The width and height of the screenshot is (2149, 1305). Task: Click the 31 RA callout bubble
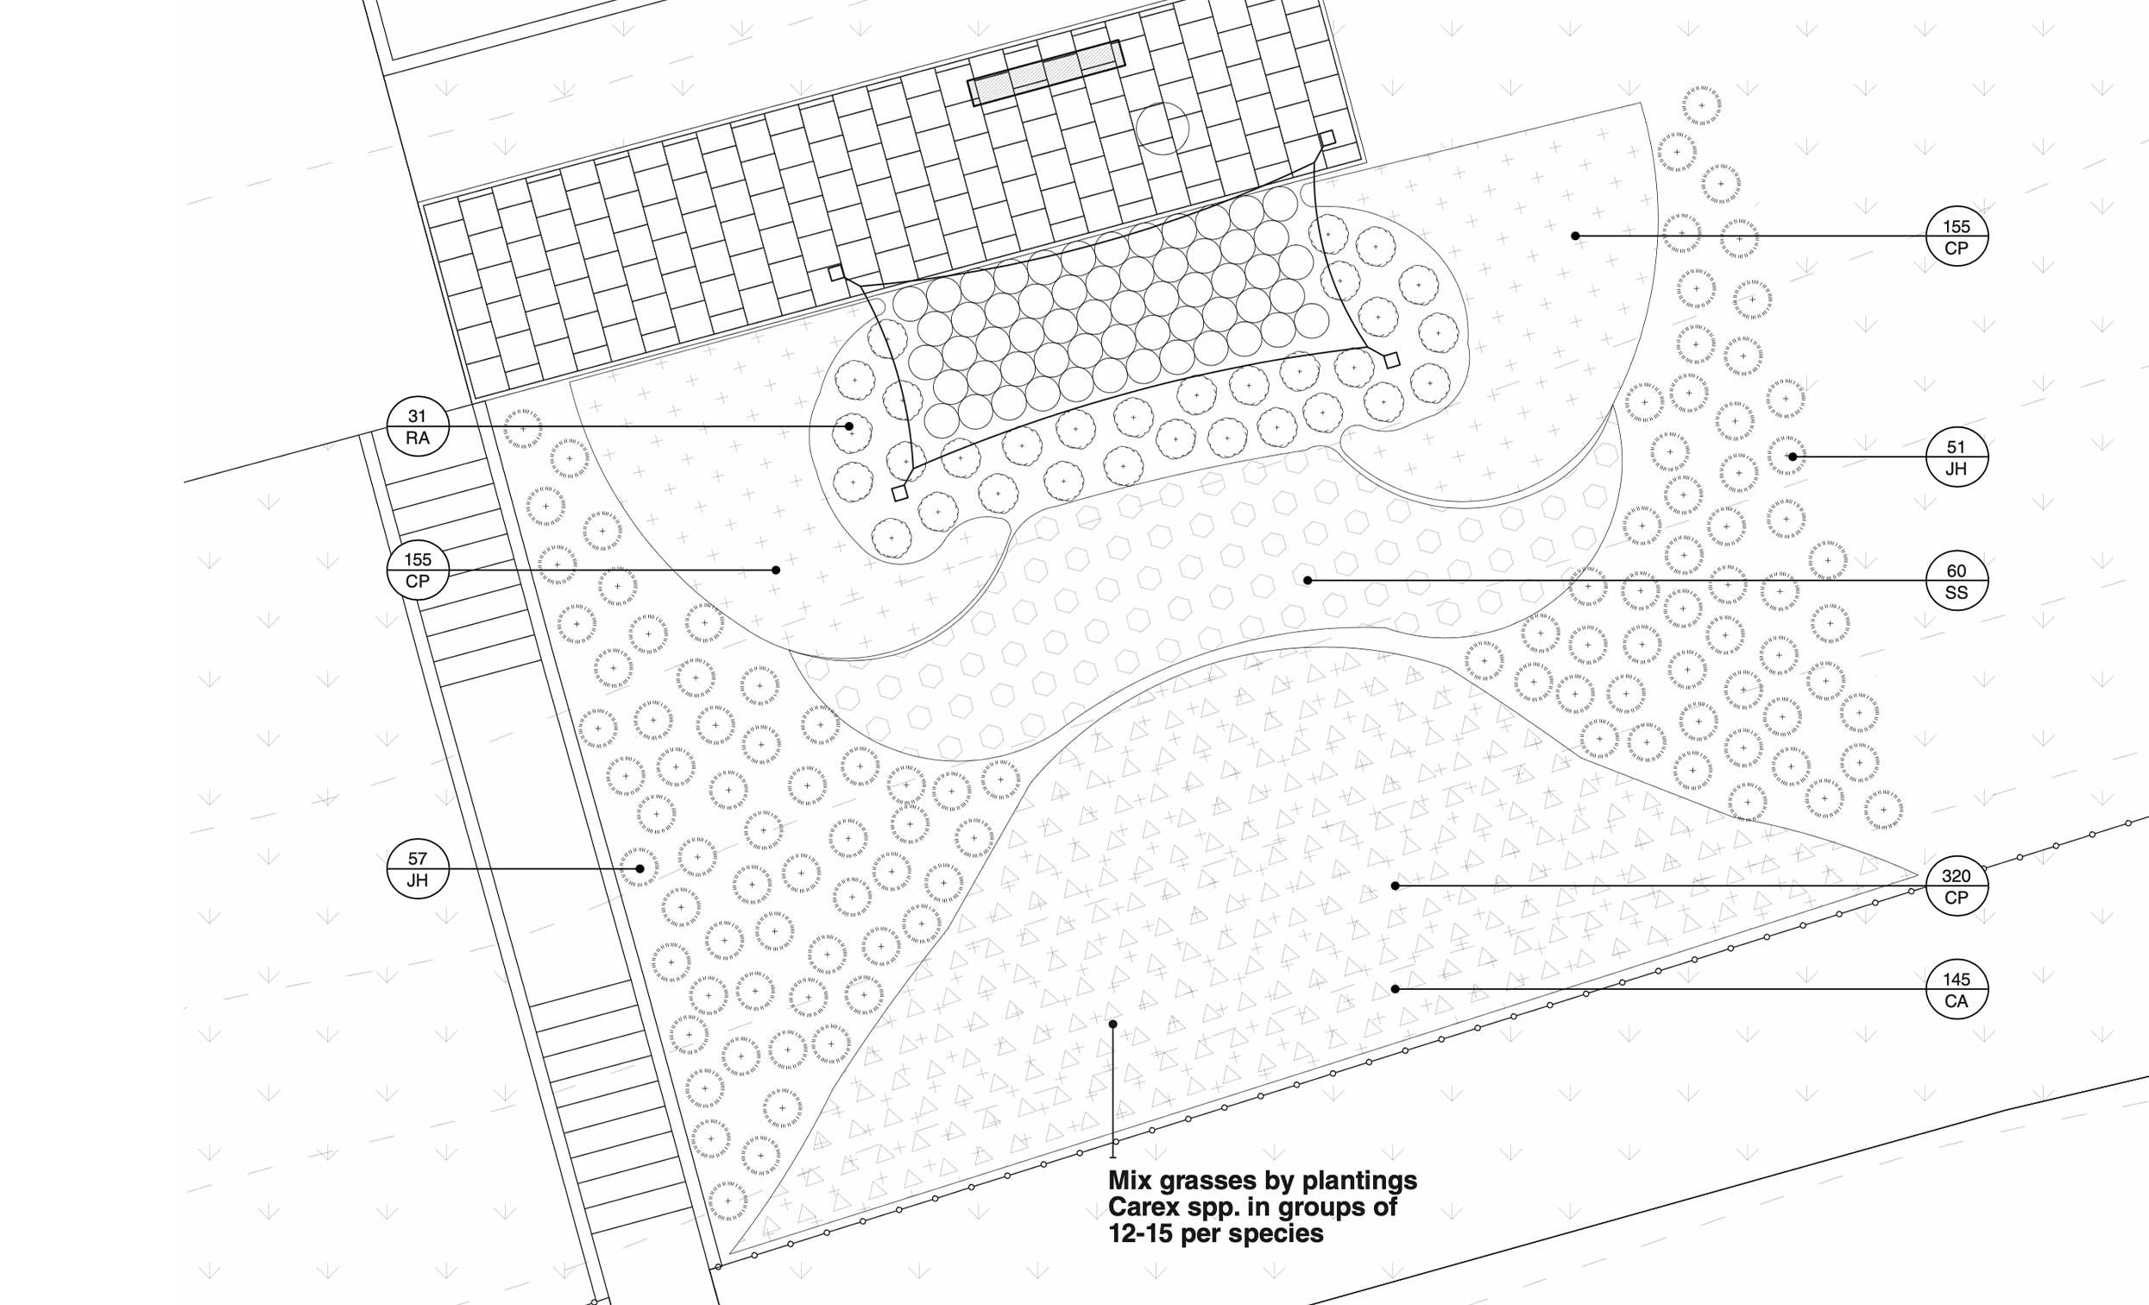[418, 426]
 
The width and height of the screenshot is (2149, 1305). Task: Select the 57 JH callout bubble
[418, 869]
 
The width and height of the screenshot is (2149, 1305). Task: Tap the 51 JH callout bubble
[1957, 457]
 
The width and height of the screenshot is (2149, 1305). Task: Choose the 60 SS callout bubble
[1957, 581]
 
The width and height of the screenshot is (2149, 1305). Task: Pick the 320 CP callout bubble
[1957, 886]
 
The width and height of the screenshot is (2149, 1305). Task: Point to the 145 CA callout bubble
[1957, 989]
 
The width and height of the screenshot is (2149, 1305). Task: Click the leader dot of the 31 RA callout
[848, 426]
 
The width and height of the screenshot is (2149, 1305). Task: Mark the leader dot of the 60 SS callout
[1308, 580]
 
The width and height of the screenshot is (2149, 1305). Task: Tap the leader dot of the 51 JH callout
[1793, 457]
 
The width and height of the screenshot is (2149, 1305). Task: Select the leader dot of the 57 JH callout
[640, 869]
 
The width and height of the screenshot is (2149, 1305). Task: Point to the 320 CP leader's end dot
[1396, 886]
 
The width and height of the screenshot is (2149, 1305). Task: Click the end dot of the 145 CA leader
[1396, 989]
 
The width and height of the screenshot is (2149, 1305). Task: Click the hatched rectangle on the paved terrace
[1046, 73]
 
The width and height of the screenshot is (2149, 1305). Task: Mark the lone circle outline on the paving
[1162, 129]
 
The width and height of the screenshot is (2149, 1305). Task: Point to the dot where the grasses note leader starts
[1112, 1024]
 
